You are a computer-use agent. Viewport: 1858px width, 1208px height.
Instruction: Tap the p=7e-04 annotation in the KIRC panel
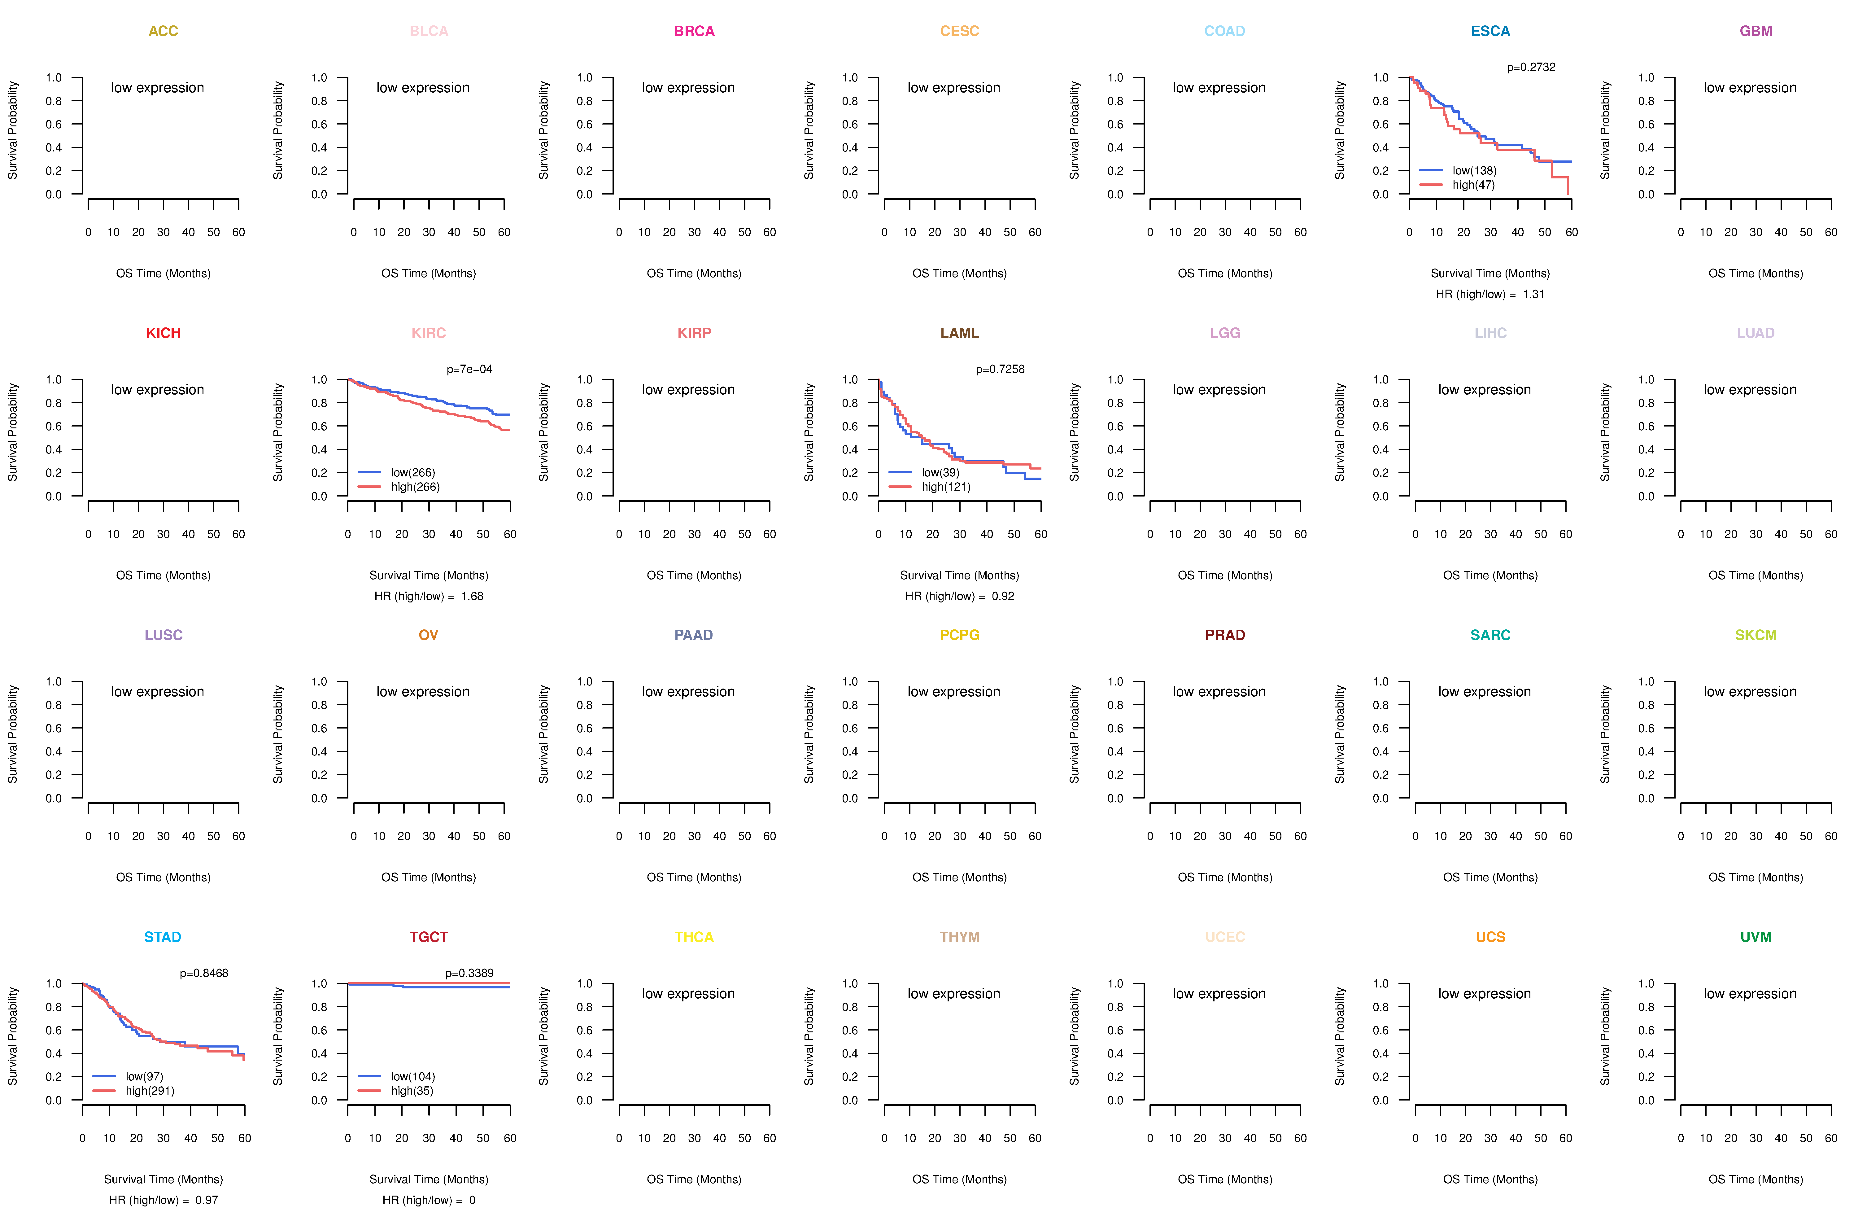pyautogui.click(x=469, y=369)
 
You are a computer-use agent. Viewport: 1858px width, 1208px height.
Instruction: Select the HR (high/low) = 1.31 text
pyautogui.click(x=1489, y=294)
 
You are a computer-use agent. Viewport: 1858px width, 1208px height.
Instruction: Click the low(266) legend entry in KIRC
pyautogui.click(x=413, y=472)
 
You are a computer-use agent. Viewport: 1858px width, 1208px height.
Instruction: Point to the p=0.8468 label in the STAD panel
pyautogui.click(x=204, y=973)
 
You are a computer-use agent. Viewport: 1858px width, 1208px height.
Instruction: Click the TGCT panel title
pyautogui.click(x=429, y=937)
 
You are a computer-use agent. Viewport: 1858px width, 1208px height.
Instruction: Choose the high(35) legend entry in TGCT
pyautogui.click(x=412, y=1091)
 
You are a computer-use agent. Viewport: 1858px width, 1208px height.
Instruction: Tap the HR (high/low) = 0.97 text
pyautogui.click(x=163, y=1200)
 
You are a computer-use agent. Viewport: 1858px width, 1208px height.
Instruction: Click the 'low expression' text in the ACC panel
pyautogui.click(x=158, y=87)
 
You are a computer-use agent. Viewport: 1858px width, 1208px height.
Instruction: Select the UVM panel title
pyautogui.click(x=1756, y=937)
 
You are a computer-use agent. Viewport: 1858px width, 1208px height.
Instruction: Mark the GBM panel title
pyautogui.click(x=1756, y=31)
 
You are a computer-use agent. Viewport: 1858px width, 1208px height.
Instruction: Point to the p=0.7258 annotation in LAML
pyautogui.click(x=1000, y=369)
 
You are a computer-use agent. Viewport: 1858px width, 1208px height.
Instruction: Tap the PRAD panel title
pyautogui.click(x=1225, y=635)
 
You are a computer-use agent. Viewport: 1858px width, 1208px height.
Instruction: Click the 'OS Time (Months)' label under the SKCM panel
pyautogui.click(x=1756, y=877)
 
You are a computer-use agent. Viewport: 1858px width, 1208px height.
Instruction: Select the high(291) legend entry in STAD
pyautogui.click(x=150, y=1091)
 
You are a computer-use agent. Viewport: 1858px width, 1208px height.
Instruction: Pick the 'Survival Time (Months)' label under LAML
pyautogui.click(x=959, y=576)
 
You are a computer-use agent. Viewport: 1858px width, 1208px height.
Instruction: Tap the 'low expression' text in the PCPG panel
pyautogui.click(x=954, y=692)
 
